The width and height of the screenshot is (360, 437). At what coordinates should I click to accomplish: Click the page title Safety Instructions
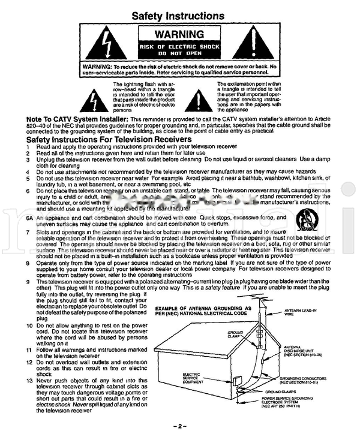click(x=179, y=15)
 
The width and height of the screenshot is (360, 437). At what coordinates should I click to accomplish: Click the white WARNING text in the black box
click(x=179, y=34)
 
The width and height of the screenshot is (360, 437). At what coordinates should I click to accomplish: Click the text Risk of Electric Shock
click(x=179, y=46)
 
